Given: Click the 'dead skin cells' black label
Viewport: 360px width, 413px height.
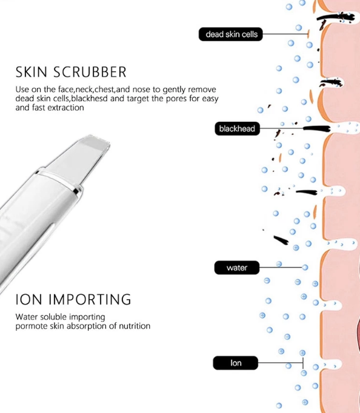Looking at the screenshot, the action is pos(230,35).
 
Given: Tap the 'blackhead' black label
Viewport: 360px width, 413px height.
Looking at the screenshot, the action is pos(237,128).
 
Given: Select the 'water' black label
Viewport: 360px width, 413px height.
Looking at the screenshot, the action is pos(236,268).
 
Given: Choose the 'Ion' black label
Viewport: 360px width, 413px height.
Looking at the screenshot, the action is pos(236,363).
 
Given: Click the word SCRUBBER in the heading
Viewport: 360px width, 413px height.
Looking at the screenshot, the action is pos(90,72).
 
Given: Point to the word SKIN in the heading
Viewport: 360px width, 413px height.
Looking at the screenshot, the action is pos(32,72).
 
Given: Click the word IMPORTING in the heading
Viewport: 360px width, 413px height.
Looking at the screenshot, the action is pos(90,300).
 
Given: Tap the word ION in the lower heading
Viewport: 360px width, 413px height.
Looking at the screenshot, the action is pos(28,300).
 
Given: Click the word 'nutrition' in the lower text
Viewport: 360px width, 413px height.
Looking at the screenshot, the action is pos(135,326).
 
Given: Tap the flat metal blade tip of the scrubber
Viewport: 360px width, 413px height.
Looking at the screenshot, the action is pos(95,143).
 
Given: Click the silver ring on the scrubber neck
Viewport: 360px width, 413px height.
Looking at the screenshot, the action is pos(59,180).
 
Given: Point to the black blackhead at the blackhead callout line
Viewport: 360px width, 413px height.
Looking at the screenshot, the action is pos(316,128).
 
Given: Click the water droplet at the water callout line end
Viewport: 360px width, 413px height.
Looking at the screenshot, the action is pos(305,268).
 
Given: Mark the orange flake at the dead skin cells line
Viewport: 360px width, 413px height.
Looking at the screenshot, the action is pos(308,34).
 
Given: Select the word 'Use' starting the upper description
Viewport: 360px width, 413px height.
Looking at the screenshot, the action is pos(22,90).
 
